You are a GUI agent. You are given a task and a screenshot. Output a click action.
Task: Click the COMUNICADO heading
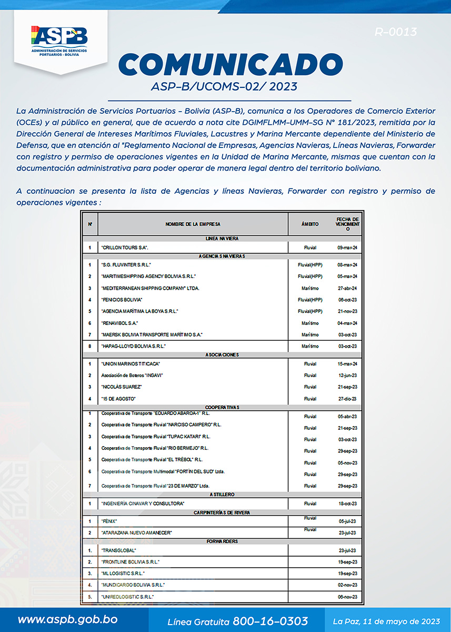(230, 65)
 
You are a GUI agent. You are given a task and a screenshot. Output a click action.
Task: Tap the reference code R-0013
(395, 32)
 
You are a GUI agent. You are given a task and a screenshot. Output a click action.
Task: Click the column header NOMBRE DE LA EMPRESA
(193, 224)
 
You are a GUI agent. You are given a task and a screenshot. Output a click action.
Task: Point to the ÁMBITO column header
(310, 224)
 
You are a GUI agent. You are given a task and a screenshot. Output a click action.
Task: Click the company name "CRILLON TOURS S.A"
(125, 248)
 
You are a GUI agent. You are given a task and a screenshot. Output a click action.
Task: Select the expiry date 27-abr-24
(347, 288)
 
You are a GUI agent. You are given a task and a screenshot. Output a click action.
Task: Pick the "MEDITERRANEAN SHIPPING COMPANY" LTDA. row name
(150, 288)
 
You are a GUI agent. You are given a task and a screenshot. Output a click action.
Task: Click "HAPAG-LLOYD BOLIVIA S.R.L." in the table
(133, 346)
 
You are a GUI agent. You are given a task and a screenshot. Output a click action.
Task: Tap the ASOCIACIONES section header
(222, 355)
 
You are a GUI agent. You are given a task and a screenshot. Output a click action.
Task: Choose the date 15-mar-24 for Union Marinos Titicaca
(347, 364)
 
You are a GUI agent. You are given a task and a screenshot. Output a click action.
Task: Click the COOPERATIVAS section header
(222, 407)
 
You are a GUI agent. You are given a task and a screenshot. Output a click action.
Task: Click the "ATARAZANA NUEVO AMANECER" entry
(136, 532)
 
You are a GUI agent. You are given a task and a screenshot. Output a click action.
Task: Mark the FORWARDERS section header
(222, 541)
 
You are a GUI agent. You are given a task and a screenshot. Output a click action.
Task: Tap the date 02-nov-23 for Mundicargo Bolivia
(347, 585)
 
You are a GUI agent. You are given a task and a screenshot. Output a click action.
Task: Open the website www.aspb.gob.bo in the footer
(67, 620)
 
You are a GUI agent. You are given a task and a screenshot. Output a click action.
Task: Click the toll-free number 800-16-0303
(270, 621)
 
